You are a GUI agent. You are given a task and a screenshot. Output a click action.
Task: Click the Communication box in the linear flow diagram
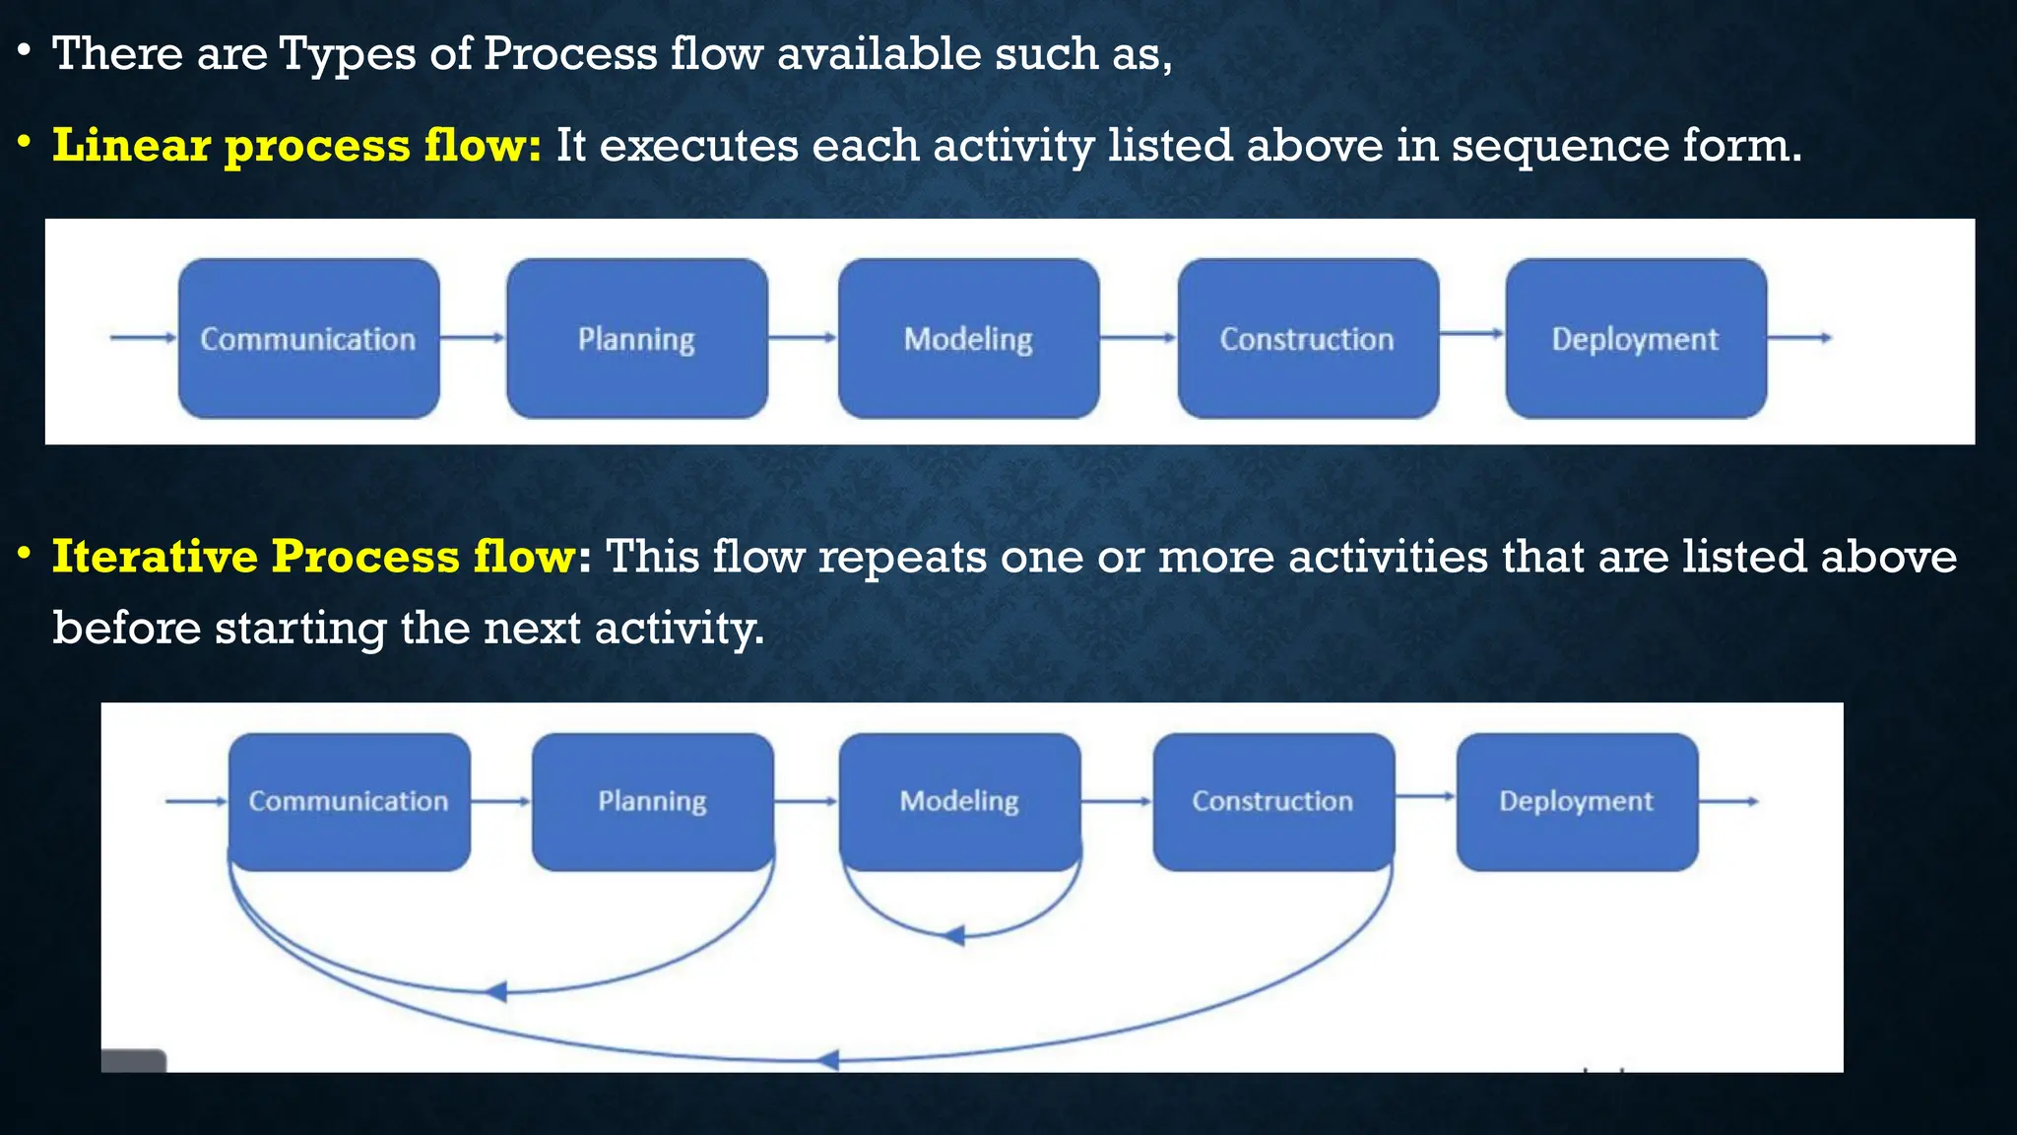click(308, 338)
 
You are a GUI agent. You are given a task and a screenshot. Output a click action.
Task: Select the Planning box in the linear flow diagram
click(636, 338)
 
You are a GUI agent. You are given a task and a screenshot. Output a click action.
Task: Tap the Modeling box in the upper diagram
click(968, 338)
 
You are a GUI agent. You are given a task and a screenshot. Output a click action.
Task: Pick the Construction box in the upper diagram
click(1307, 338)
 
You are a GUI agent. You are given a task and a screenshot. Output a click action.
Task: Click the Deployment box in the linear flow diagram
click(1635, 338)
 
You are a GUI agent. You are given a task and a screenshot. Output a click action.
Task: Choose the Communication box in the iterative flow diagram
click(349, 801)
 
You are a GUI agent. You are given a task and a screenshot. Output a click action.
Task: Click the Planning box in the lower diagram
click(652, 801)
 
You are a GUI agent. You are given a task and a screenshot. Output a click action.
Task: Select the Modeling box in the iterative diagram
click(959, 801)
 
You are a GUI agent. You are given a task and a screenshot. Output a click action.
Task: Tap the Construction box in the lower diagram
click(1272, 801)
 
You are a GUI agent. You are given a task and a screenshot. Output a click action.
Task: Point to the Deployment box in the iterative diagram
click(1576, 801)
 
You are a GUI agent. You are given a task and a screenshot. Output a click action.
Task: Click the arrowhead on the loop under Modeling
click(953, 935)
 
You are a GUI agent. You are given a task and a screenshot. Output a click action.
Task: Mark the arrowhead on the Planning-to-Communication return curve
click(496, 991)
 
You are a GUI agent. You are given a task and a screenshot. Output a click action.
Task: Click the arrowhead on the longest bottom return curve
click(828, 1060)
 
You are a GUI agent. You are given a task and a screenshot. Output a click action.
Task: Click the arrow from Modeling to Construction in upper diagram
click(1139, 338)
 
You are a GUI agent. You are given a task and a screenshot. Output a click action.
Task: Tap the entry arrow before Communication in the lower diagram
click(196, 801)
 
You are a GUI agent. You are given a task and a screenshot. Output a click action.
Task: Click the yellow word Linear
click(130, 145)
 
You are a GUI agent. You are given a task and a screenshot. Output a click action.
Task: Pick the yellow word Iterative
click(155, 556)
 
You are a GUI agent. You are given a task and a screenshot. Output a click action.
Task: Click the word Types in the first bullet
click(347, 54)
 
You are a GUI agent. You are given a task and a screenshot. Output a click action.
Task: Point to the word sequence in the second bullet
click(1559, 146)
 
